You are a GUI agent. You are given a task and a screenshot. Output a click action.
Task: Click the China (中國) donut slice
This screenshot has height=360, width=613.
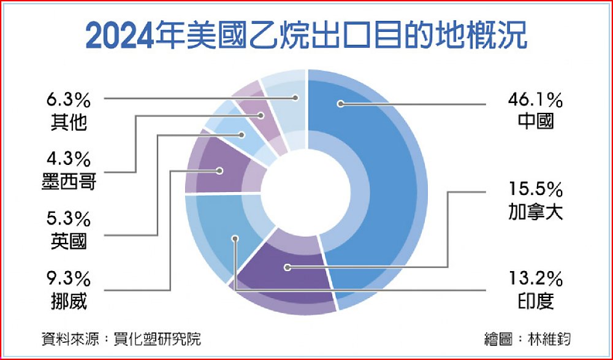point(375,188)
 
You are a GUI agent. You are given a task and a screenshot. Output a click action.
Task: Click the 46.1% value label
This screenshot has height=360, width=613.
point(535,101)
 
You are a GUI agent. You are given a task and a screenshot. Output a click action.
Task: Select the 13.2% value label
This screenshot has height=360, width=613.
point(535,280)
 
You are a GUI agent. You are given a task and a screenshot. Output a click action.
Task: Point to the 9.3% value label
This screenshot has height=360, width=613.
point(69,280)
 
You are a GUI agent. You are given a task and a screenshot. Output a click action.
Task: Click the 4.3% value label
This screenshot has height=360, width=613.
point(69,159)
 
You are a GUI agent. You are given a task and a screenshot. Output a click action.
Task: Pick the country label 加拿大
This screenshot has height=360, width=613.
point(535,212)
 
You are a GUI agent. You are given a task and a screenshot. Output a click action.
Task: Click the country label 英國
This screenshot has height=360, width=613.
point(69,242)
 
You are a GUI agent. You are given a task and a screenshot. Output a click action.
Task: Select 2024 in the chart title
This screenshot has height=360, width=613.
point(120,36)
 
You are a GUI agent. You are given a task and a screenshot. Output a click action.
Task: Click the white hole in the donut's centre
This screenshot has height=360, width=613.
point(306,193)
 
